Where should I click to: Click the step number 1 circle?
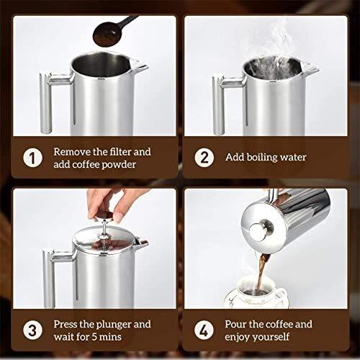[x=32, y=158]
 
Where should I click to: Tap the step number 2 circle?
[x=204, y=158]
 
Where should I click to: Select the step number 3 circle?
[x=32, y=330]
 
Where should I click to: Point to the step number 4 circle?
[x=204, y=330]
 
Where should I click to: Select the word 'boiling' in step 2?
[x=262, y=158]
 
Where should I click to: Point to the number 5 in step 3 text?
[x=94, y=337]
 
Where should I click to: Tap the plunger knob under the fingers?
[x=104, y=216]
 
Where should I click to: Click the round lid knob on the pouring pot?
[x=260, y=230]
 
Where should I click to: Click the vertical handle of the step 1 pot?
[x=45, y=102]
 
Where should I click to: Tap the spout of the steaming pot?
[x=310, y=67]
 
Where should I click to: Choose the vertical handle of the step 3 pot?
[x=49, y=279]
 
